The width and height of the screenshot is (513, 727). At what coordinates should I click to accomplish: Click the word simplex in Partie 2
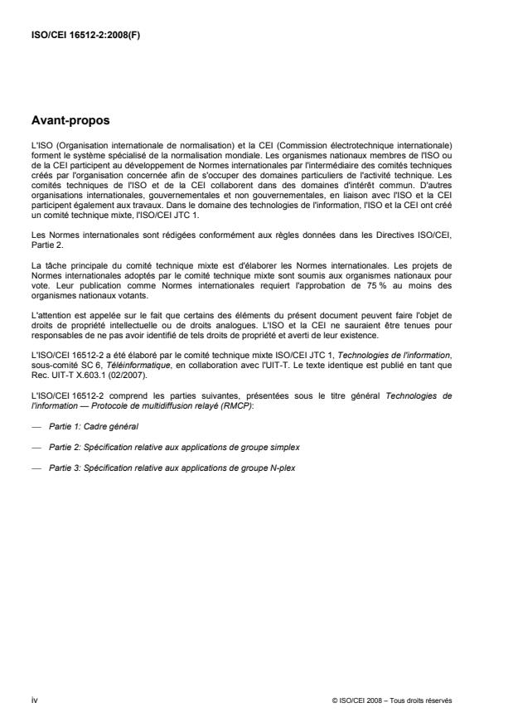[x=283, y=446]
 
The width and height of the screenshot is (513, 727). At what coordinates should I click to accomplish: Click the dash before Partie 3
[x=36, y=467]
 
